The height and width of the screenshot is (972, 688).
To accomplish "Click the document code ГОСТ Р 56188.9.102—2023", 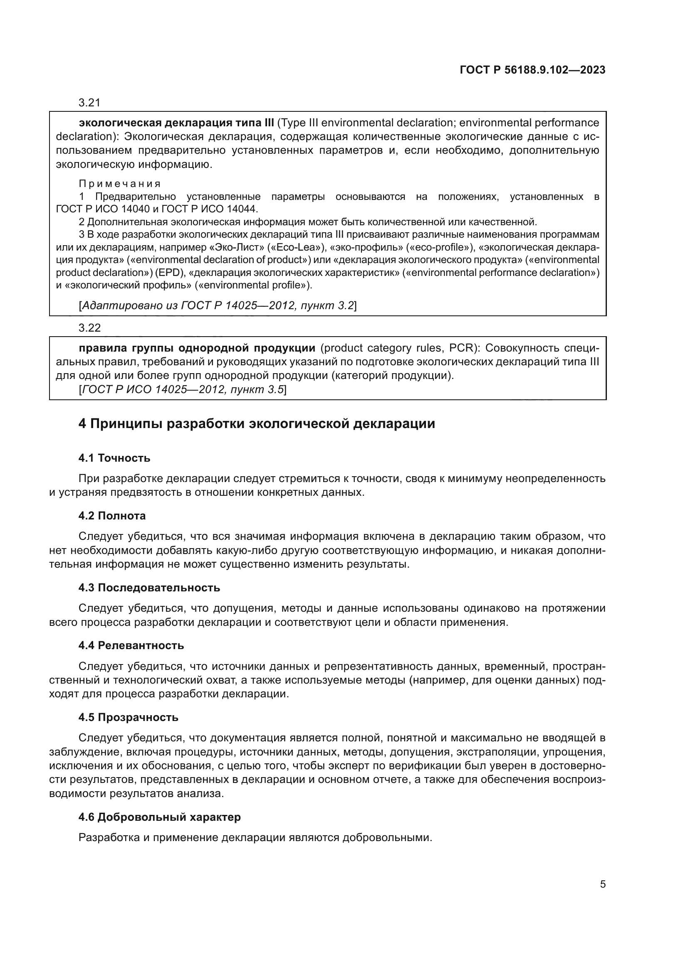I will [532, 70].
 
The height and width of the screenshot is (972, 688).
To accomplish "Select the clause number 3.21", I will [89, 103].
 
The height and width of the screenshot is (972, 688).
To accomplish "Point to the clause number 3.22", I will [89, 327].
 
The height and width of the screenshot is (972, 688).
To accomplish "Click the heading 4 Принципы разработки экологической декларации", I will [257, 424].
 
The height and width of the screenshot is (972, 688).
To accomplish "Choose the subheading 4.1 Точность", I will [114, 458].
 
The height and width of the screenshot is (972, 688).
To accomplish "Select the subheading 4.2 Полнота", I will [112, 516].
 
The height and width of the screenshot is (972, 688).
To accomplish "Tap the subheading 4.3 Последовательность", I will [149, 588].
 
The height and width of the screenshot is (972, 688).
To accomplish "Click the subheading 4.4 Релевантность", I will [131, 645].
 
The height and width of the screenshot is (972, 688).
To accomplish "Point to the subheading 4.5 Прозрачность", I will [129, 717].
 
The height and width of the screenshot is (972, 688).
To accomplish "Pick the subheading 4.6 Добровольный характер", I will [160, 817].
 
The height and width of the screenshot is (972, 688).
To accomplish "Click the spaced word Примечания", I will [120, 184].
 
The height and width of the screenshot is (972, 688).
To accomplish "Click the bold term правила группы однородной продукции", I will [197, 348].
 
